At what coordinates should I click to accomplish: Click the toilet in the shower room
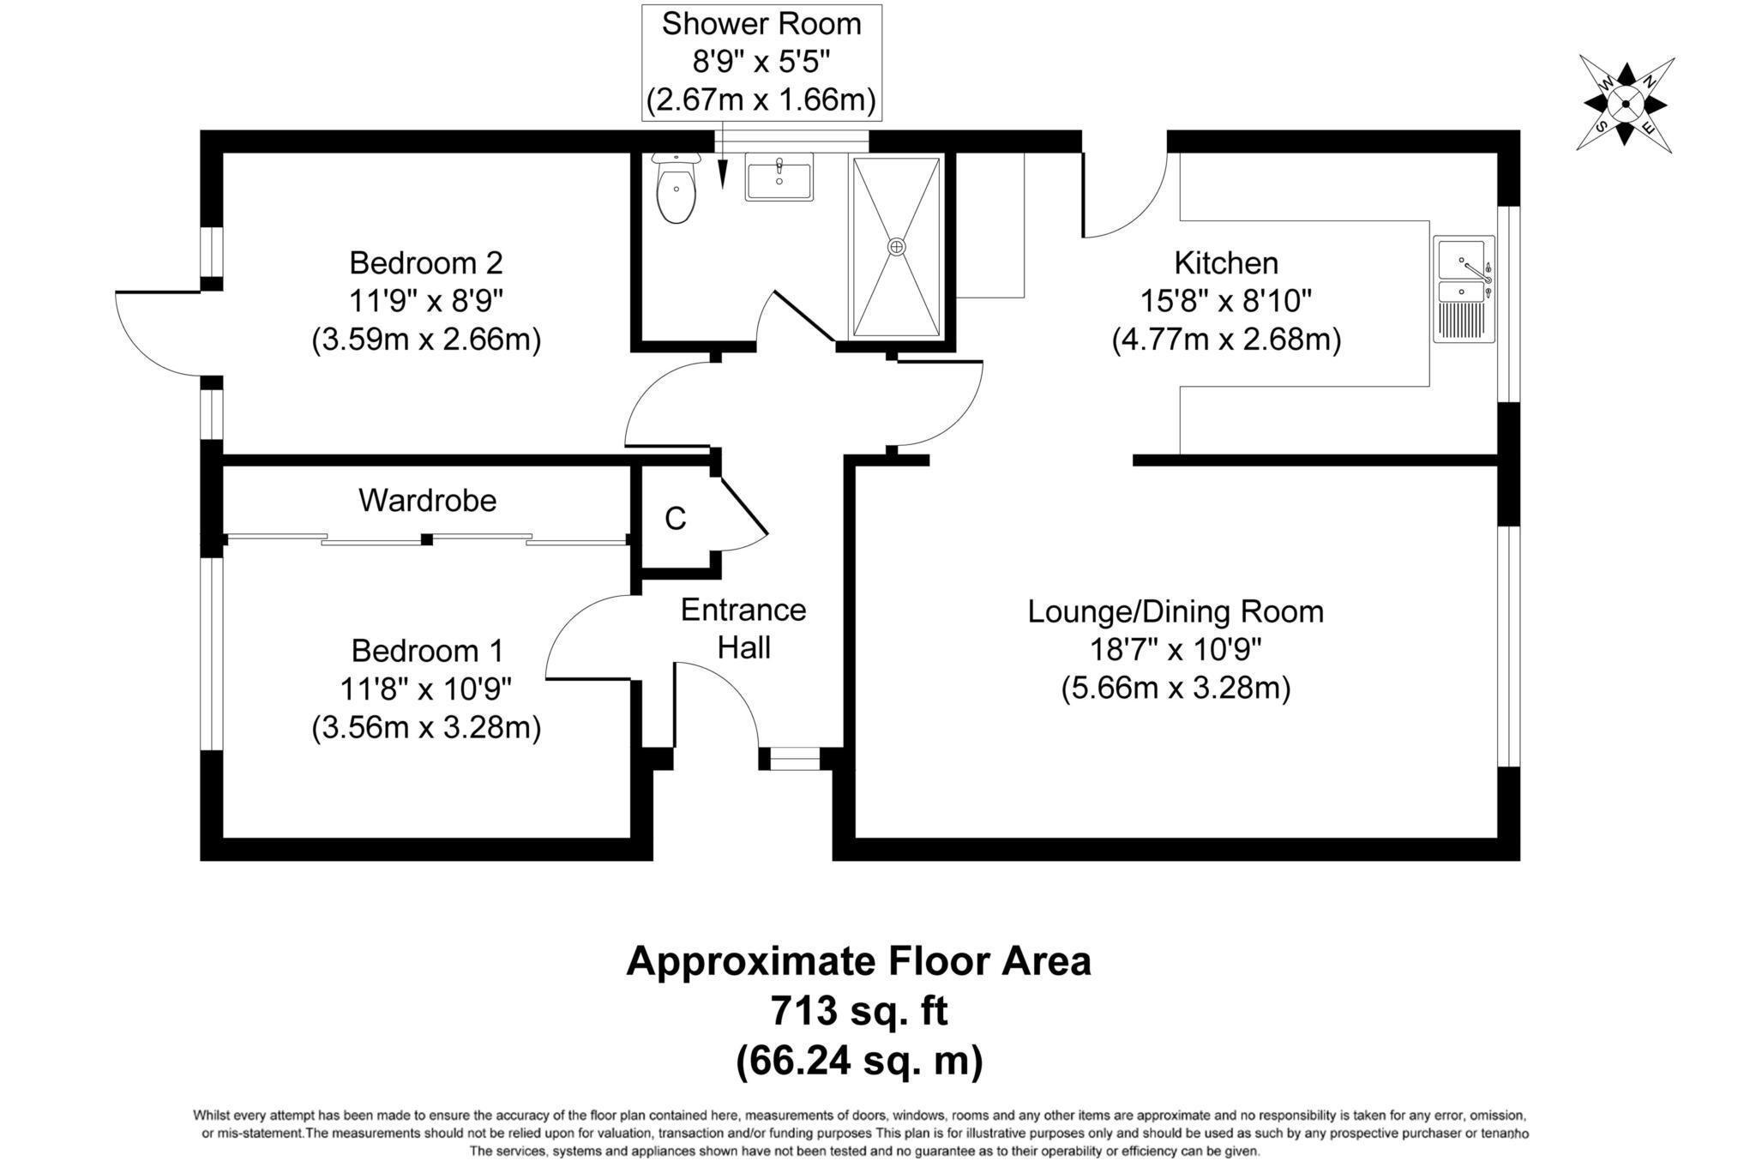(676, 189)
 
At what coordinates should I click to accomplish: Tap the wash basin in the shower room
(779, 177)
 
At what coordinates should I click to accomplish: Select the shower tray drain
(896, 247)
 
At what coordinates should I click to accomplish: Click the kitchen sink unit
(1464, 289)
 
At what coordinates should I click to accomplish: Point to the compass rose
(1625, 105)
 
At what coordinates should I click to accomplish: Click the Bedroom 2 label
(426, 262)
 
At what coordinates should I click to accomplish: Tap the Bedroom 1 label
(426, 651)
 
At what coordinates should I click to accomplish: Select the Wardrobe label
(427, 500)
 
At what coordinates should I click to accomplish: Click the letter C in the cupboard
(676, 519)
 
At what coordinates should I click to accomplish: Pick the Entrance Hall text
(743, 629)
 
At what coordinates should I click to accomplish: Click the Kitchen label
(1225, 262)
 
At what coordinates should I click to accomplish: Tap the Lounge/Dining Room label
(1176, 611)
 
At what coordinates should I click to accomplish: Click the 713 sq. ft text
(859, 1011)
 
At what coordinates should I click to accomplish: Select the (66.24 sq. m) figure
(859, 1062)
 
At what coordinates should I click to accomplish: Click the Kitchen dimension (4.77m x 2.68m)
(1226, 340)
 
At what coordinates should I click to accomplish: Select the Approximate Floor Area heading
(859, 961)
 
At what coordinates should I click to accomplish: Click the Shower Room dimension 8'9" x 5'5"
(761, 63)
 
